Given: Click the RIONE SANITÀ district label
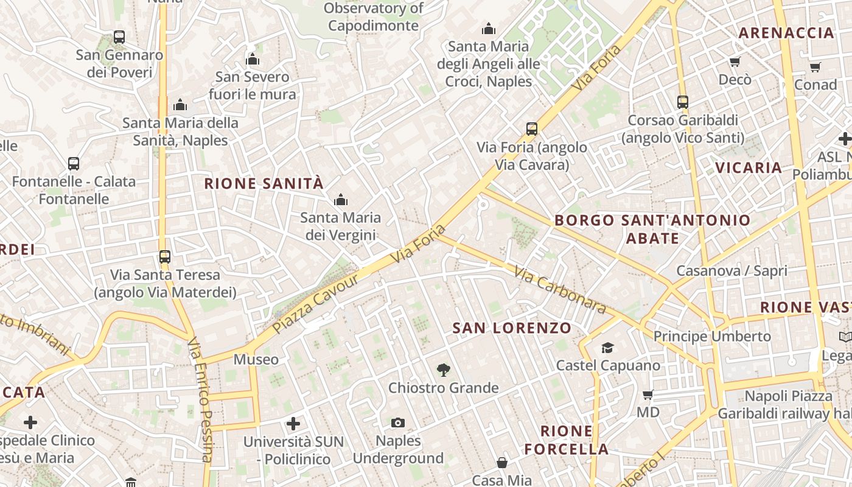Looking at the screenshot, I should tap(264, 183).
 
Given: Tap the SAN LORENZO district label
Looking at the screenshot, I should tap(512, 328).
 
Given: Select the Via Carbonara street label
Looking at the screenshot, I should tap(560, 290).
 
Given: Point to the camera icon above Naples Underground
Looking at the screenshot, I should tap(398, 422).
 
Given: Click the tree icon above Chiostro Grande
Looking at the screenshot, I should tap(444, 369).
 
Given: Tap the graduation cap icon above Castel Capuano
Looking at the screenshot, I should tap(607, 348).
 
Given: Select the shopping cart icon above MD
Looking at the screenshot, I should tap(648, 394).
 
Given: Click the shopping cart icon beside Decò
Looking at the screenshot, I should tap(735, 61).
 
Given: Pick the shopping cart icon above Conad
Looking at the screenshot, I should tap(815, 67).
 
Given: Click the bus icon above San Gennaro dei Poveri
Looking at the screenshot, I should tap(119, 37).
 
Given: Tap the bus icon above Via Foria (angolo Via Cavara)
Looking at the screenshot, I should tap(532, 129).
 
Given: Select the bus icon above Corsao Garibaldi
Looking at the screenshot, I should tap(683, 102).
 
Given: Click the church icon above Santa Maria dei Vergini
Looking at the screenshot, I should tap(341, 199).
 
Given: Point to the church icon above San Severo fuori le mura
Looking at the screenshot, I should tap(253, 59).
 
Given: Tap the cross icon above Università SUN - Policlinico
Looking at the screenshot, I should tap(293, 423).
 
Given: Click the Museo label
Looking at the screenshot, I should tap(256, 360).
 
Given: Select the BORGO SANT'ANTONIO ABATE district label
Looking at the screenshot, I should tap(652, 229).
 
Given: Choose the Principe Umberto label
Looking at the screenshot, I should tap(712, 336).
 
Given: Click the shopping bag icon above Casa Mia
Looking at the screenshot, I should tap(502, 463).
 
